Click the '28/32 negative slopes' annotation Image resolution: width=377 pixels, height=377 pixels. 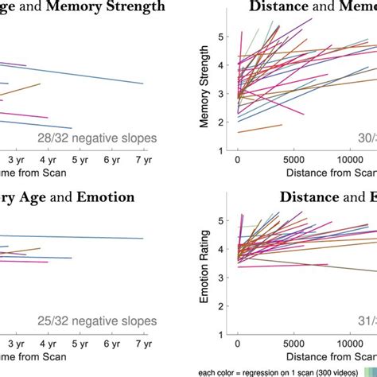(x=97, y=138)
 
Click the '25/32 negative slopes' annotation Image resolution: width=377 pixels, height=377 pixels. (x=97, y=321)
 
